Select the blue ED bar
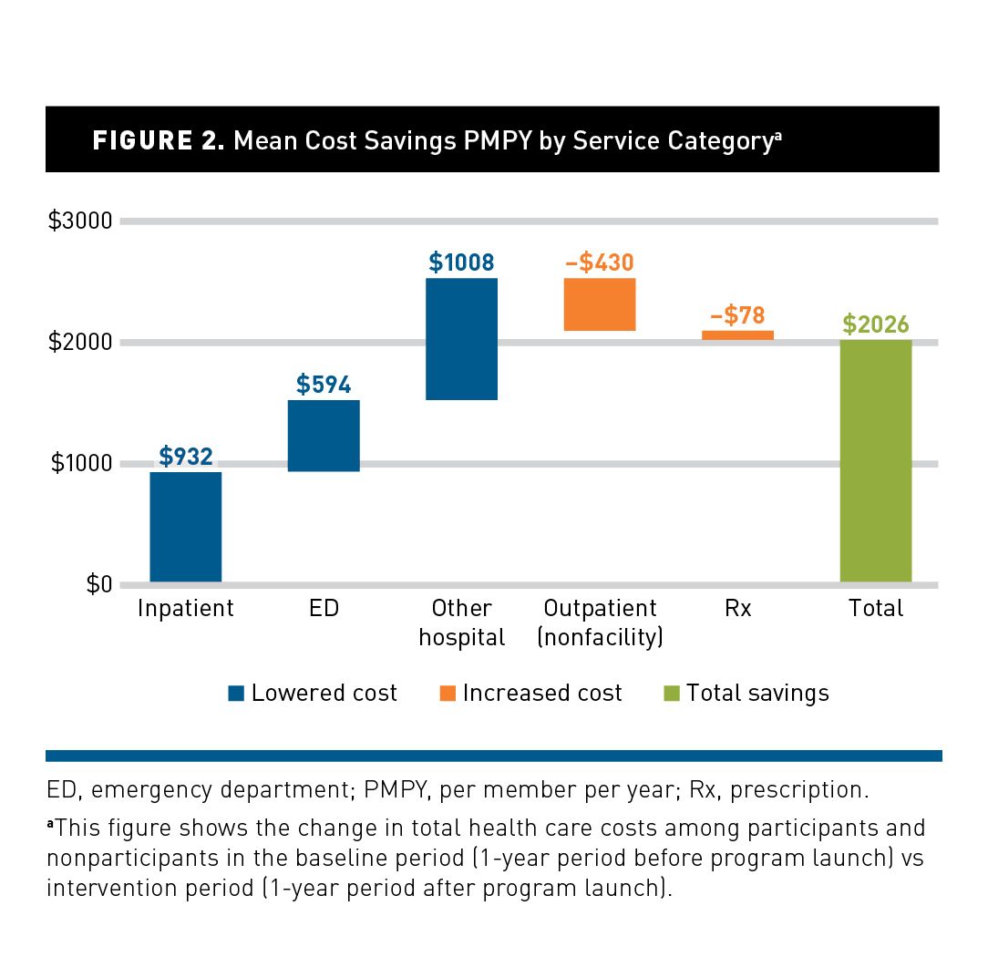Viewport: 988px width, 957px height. click(324, 436)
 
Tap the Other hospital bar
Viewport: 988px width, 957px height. click(462, 339)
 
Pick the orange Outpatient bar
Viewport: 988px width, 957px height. click(600, 304)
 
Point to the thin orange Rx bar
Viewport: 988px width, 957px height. click(737, 334)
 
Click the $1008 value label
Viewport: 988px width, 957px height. click(461, 262)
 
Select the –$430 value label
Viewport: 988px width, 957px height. click(599, 262)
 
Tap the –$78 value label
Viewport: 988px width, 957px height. click(737, 316)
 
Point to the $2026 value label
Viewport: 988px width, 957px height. click(876, 324)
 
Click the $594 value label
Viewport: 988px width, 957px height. click(324, 385)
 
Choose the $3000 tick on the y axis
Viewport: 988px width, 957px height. click(79, 221)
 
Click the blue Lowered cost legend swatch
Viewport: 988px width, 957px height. click(236, 694)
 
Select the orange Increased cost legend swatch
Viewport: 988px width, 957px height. click(447, 694)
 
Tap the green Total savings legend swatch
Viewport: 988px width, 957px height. click(672, 694)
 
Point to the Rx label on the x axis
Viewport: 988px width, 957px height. click(737, 608)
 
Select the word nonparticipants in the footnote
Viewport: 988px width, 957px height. click(118, 858)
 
